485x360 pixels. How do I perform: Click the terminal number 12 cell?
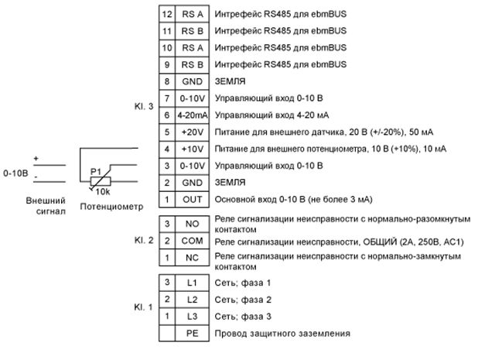pyautogui.click(x=166, y=14)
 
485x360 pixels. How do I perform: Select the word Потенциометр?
pyautogui.click(x=112, y=207)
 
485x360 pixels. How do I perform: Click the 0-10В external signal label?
pyautogui.click(x=15, y=172)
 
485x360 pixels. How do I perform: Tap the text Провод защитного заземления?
pyautogui.click(x=282, y=334)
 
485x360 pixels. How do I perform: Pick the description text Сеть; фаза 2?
pyautogui.click(x=244, y=300)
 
